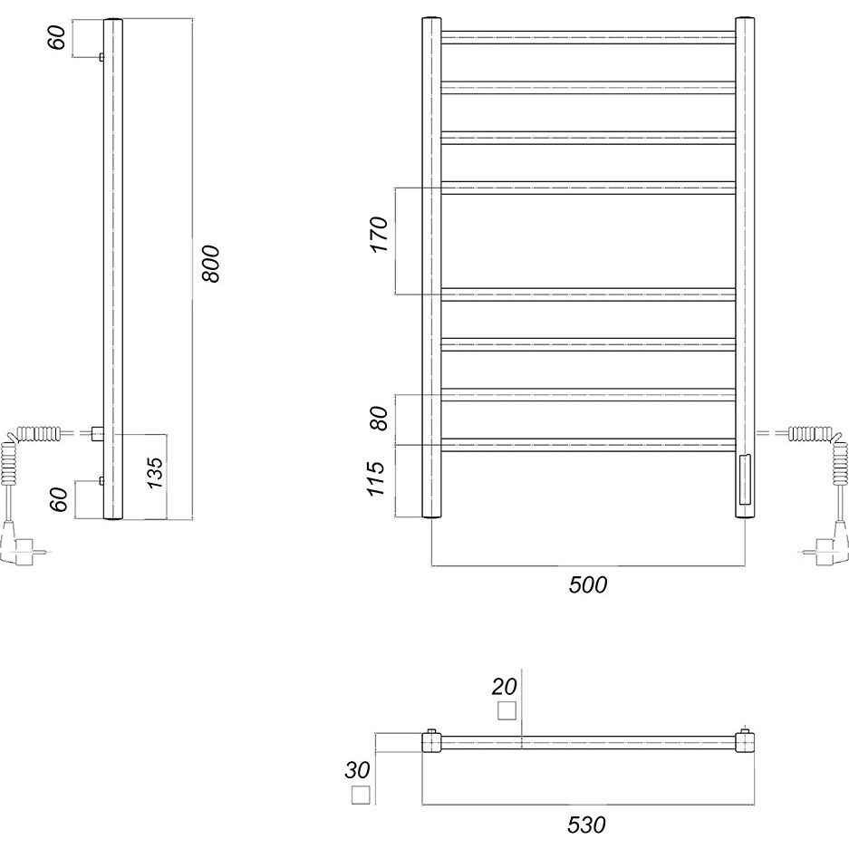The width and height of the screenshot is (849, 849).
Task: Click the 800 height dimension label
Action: pyautogui.click(x=211, y=264)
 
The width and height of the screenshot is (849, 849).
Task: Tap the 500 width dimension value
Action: pyautogui.click(x=588, y=584)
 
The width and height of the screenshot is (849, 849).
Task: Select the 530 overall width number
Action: pyautogui.click(x=587, y=825)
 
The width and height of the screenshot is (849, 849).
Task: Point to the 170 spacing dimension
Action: pyautogui.click(x=380, y=234)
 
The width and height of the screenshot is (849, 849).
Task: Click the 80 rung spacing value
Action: pyautogui.click(x=380, y=418)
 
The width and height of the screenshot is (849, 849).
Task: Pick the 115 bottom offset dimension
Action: pyautogui.click(x=375, y=478)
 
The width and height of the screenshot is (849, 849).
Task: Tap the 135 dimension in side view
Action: pyautogui.click(x=156, y=473)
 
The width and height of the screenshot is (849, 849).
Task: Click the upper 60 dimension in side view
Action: pyautogui.click(x=57, y=37)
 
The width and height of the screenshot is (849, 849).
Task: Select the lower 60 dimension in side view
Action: pyautogui.click(x=59, y=499)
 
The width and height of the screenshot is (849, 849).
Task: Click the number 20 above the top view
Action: pyautogui.click(x=504, y=687)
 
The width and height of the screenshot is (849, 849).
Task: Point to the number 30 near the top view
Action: pyautogui.click(x=357, y=770)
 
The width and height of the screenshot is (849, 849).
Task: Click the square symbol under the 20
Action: pyautogui.click(x=507, y=710)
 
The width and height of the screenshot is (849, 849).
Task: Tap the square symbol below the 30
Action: pyautogui.click(x=361, y=795)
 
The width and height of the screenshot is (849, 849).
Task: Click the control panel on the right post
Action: pyautogui.click(x=745, y=479)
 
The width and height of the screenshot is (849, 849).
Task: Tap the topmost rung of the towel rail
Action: pyautogui.click(x=588, y=37)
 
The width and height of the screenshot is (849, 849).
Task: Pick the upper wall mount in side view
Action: pyautogui.click(x=101, y=57)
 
